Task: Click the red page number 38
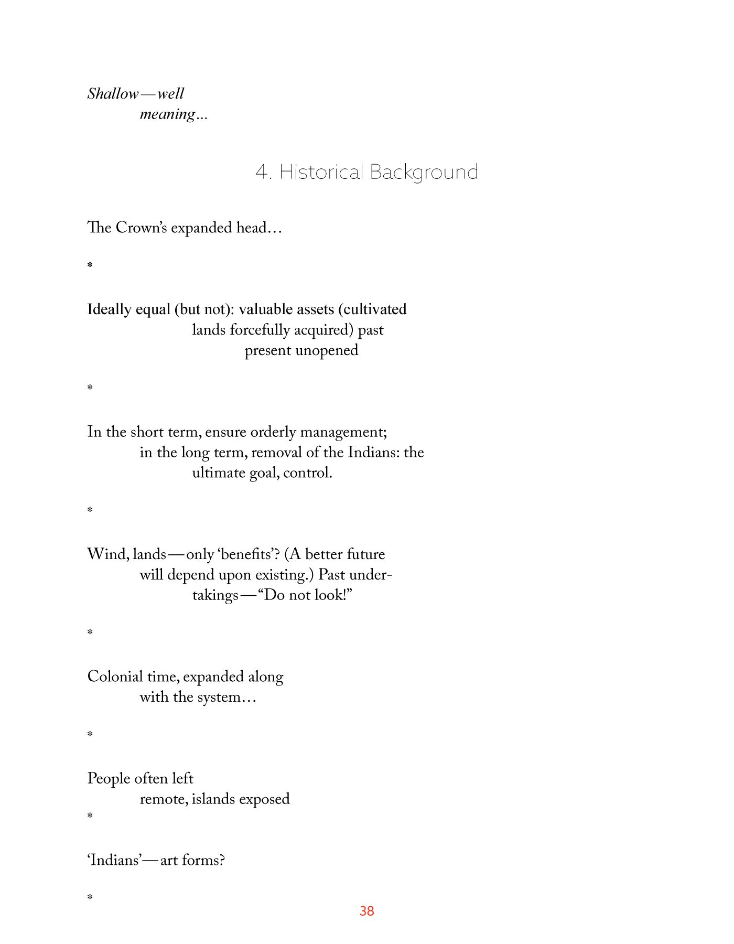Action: point(366,911)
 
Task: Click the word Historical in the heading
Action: point(321,172)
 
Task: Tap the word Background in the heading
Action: point(424,172)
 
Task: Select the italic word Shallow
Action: point(113,94)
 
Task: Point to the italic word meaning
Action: point(167,114)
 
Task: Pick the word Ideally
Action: point(109,309)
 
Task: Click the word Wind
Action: point(107,554)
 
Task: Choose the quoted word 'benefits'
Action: point(246,554)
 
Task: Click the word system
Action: point(219,698)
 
